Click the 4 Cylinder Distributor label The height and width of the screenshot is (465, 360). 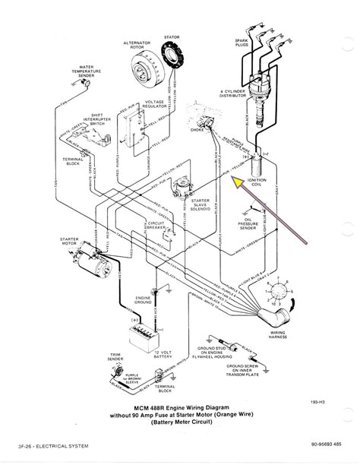pos(282,97)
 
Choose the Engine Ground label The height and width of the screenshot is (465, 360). pos(144,300)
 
